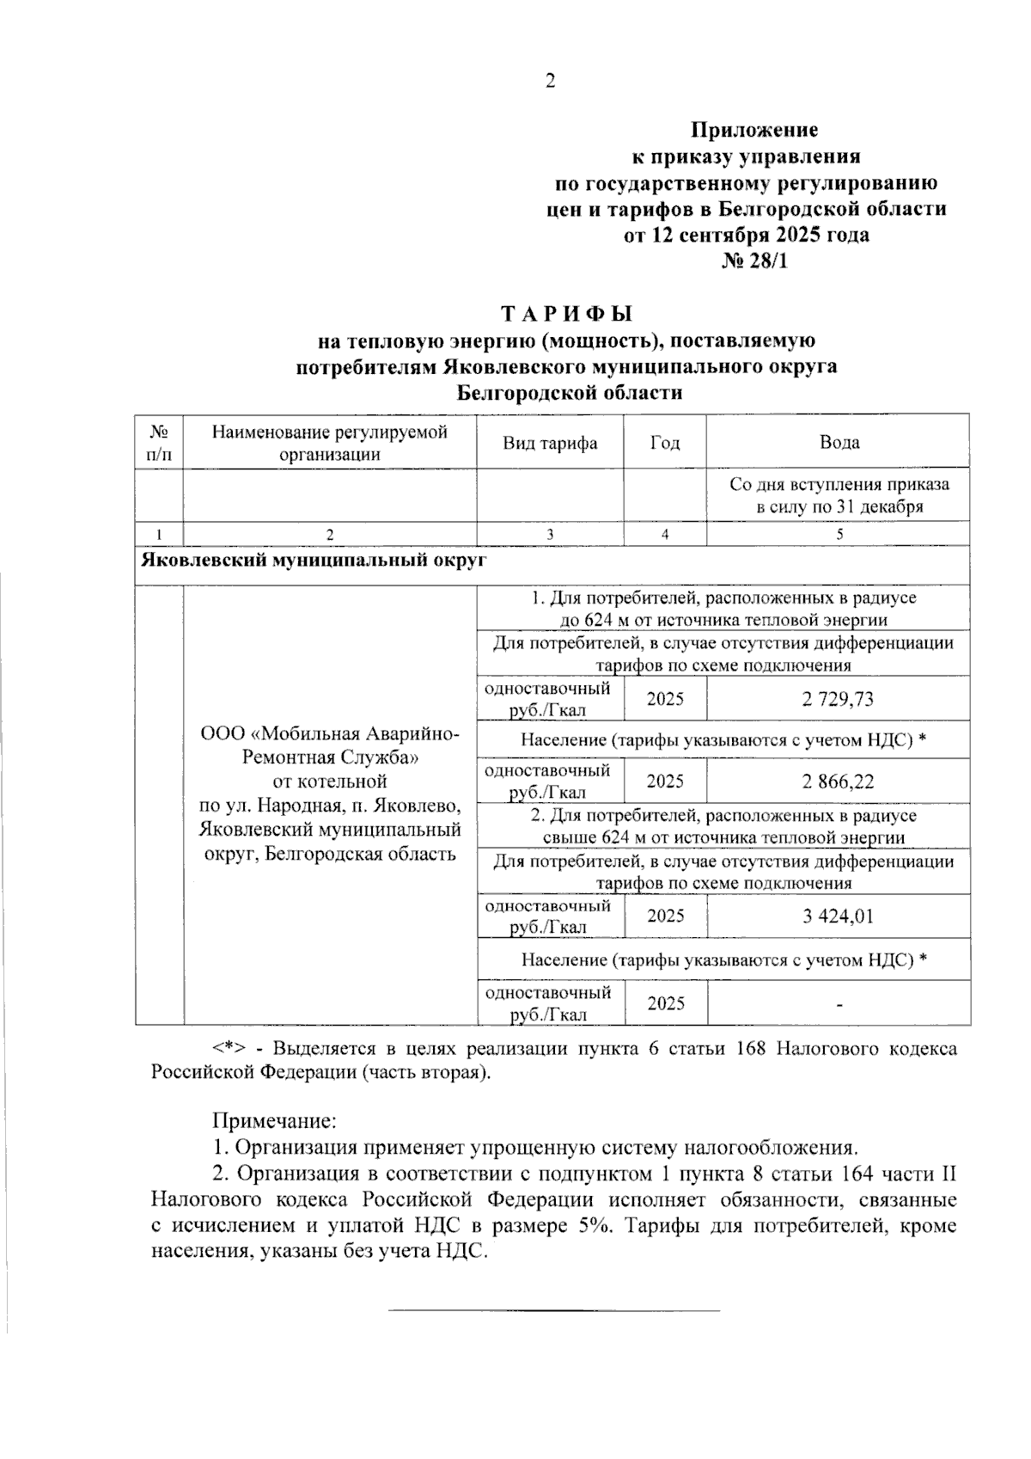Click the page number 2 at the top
pyautogui.click(x=550, y=82)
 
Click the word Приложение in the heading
pyautogui.click(x=755, y=131)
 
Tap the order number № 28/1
pyautogui.click(x=753, y=261)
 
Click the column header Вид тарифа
pyautogui.click(x=550, y=444)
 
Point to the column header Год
pyautogui.click(x=665, y=444)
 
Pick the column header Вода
pyautogui.click(x=839, y=444)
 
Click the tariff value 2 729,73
pyautogui.click(x=838, y=699)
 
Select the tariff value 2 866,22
pyautogui.click(x=838, y=782)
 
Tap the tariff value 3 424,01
pyautogui.click(x=838, y=916)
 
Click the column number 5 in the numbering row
pyautogui.click(x=839, y=534)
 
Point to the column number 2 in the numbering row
pyautogui.click(x=330, y=534)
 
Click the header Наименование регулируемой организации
pyautogui.click(x=330, y=444)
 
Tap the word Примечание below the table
pyautogui.click(x=273, y=1121)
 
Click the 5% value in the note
pyautogui.click(x=590, y=1226)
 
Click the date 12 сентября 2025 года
pyautogui.click(x=746, y=236)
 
